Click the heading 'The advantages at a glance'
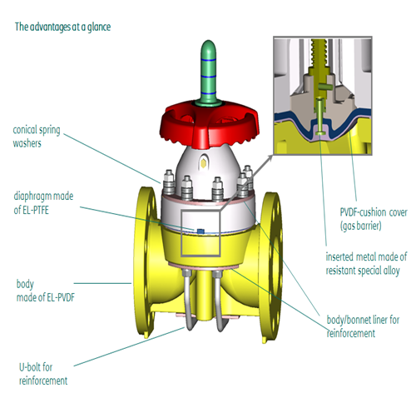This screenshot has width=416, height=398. click(x=62, y=27)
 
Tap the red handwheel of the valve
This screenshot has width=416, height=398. click(x=209, y=122)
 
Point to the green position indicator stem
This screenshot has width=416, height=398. click(x=209, y=72)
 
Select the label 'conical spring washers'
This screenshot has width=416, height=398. click(x=37, y=137)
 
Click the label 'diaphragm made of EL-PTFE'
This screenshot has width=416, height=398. click(x=43, y=203)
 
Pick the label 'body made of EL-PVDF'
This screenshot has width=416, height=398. click(x=46, y=291)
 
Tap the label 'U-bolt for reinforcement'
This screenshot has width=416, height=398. click(x=43, y=374)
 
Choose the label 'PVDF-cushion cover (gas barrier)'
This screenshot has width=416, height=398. click(x=374, y=219)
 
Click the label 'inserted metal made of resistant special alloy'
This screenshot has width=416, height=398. click(x=366, y=264)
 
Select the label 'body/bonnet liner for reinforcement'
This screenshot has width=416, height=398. click(x=363, y=326)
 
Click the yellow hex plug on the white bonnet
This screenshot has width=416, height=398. click(x=204, y=164)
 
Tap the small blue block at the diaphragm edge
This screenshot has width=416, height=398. click(x=201, y=231)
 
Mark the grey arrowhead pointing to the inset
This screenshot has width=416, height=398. click(x=270, y=158)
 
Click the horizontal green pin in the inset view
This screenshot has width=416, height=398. click(x=325, y=87)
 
